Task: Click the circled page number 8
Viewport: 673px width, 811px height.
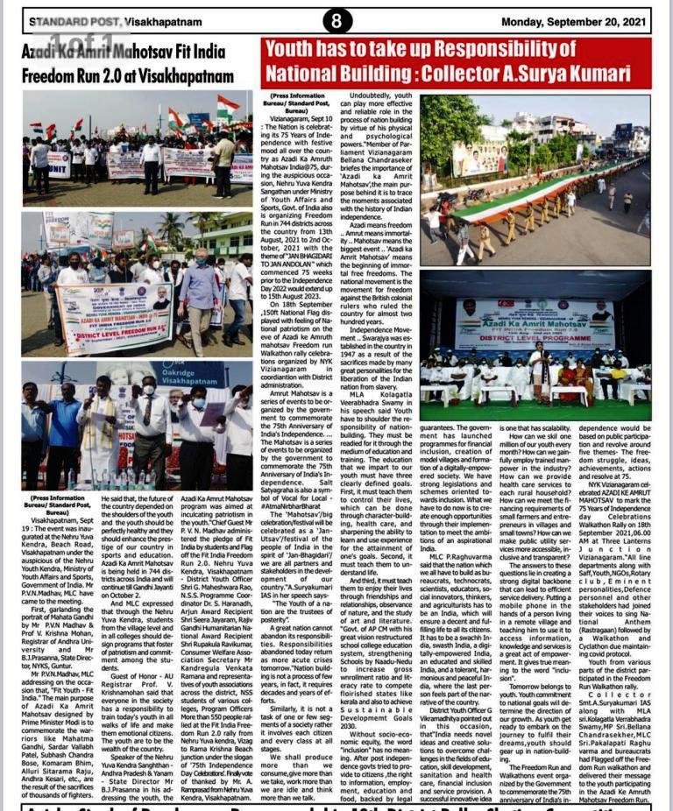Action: pos(336,19)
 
